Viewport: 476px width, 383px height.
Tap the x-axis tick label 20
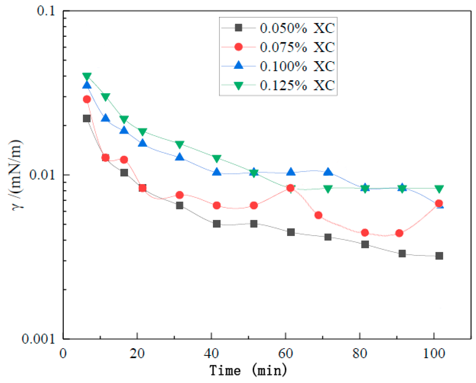pyautogui.click(x=137, y=353)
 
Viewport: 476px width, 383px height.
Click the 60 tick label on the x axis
pyautogui.click(x=285, y=353)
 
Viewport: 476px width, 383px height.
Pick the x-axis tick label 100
pyautogui.click(x=434, y=353)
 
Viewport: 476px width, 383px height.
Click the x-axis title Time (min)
pyautogui.click(x=248, y=370)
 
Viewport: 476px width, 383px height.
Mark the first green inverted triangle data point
pyautogui.click(x=87, y=76)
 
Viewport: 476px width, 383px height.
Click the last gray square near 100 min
pyautogui.click(x=439, y=256)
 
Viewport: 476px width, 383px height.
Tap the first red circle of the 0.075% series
pyautogui.click(x=87, y=99)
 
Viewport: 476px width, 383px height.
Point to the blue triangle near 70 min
pyautogui.click(x=328, y=172)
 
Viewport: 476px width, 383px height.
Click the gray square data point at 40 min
pyautogui.click(x=217, y=224)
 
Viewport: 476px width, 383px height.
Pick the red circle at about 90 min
pyautogui.click(x=399, y=233)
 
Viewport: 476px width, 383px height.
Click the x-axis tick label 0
pyautogui.click(x=63, y=353)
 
